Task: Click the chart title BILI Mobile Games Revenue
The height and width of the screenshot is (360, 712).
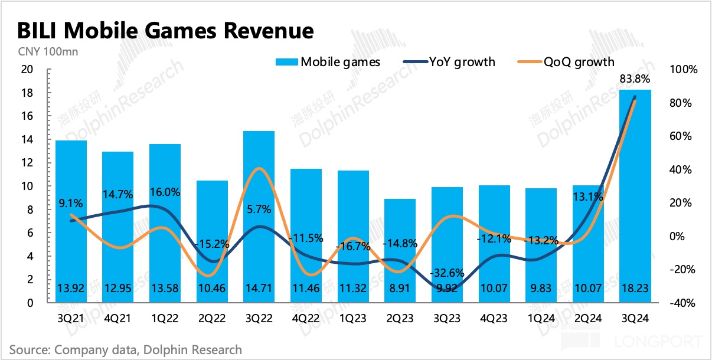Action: (x=165, y=30)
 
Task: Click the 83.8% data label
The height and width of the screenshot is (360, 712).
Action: (x=635, y=78)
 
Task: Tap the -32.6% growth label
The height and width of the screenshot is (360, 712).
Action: (x=448, y=273)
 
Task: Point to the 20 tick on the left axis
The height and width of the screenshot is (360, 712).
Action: (x=27, y=70)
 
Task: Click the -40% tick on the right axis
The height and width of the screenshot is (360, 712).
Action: (x=683, y=303)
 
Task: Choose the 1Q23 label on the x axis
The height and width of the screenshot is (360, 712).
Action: (x=353, y=318)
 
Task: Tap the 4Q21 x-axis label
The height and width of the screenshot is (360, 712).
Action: (x=117, y=318)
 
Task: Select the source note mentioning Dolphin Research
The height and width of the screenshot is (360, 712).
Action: (x=126, y=349)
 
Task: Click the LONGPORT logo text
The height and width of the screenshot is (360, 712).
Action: (x=658, y=342)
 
